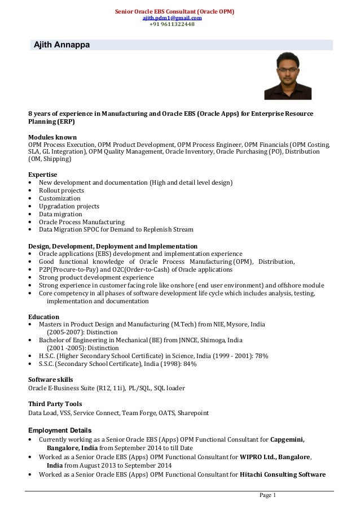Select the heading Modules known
click(52, 137)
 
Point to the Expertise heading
click(43, 175)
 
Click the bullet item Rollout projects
click(61, 191)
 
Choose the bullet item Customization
click(59, 199)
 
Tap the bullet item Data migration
click(59, 215)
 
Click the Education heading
click(43, 317)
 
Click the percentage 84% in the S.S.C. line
click(190, 364)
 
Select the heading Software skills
click(50, 379)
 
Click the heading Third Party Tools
click(55, 404)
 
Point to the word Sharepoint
click(193, 413)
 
